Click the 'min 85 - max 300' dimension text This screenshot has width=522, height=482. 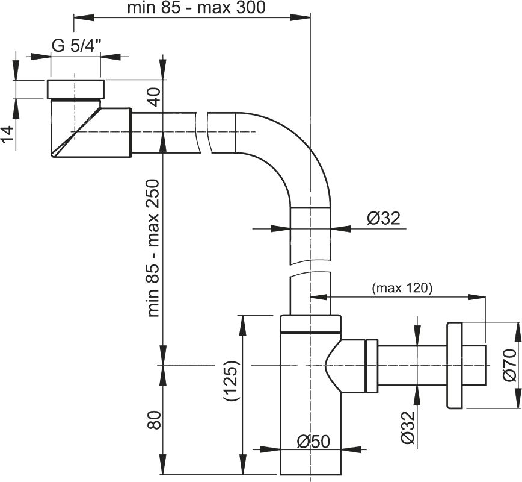tap(197, 8)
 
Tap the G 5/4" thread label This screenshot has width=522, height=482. tap(75, 47)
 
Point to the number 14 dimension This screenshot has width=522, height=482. tap(8, 132)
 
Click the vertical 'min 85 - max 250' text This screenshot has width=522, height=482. tap(154, 248)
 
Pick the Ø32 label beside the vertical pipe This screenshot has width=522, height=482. tap(383, 219)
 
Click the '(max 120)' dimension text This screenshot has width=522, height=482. tap(402, 288)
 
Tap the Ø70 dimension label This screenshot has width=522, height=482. tap(509, 366)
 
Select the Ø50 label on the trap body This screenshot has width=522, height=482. tap(313, 442)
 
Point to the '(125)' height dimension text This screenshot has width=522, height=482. tap(232, 381)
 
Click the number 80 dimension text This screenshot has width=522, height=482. tap(154, 420)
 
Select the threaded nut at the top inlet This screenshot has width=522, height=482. tap(75, 89)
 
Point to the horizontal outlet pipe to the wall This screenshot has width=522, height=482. tap(412, 365)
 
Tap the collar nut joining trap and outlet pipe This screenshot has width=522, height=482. tap(371, 365)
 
